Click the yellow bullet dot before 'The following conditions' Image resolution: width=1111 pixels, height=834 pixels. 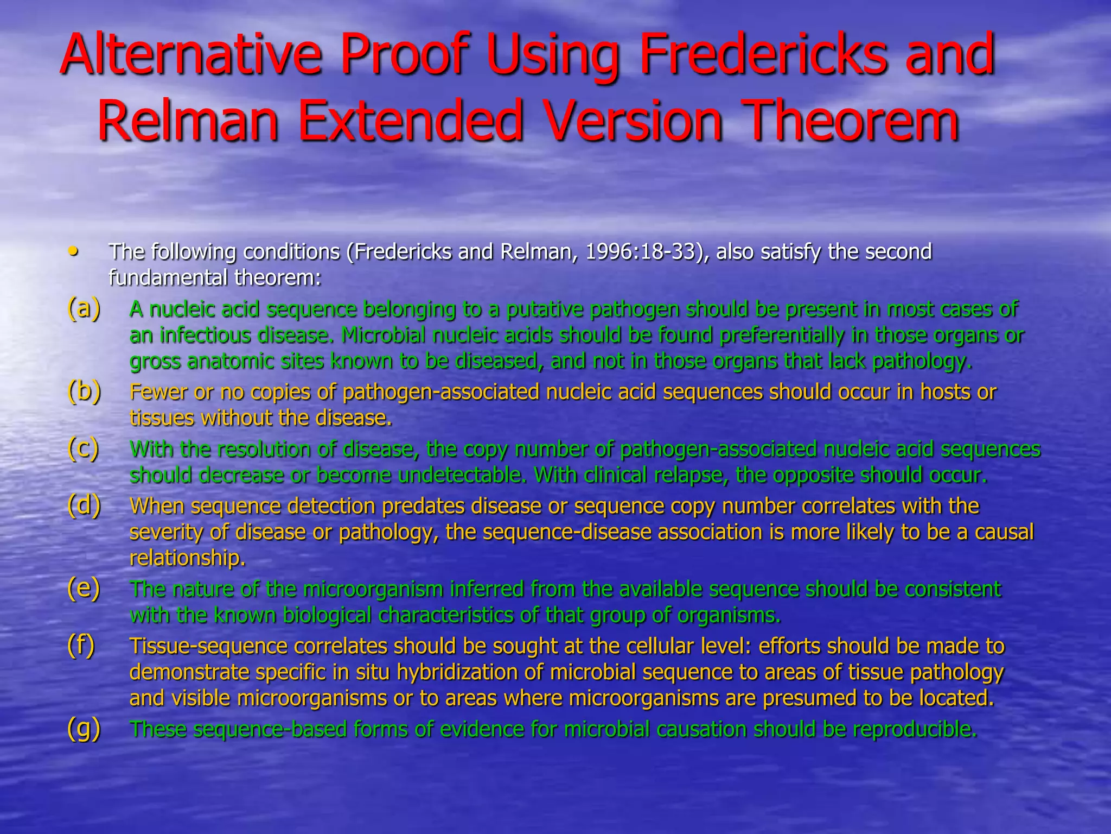point(73,251)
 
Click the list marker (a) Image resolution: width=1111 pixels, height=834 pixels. point(84,308)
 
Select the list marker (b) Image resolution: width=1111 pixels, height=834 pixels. point(84,391)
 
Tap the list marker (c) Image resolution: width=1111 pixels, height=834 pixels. point(84,448)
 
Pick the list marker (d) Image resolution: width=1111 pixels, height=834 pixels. point(84,506)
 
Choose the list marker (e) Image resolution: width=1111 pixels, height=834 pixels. point(84,588)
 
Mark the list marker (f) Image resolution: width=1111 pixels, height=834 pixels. point(81,645)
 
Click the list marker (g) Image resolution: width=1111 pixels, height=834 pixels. point(84,728)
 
